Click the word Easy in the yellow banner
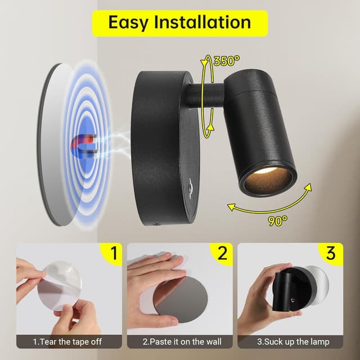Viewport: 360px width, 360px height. pos(128,22)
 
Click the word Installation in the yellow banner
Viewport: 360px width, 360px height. pos(202,22)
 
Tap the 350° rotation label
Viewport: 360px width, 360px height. pos(226,61)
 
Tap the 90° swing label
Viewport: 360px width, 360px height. pos(277,220)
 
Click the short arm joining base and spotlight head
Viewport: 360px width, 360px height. pos(205,96)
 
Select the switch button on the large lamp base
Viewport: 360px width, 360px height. pos(190,184)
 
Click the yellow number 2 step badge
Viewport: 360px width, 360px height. pos(222,254)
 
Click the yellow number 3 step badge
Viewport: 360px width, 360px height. pos(331,254)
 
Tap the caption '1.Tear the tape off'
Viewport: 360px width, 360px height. pos(67,341)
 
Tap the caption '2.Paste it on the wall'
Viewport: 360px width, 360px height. pos(182,341)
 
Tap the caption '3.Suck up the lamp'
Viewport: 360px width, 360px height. pos(293,341)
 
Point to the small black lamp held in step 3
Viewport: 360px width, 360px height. pos(294,289)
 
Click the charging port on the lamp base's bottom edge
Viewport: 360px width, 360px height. pos(156,223)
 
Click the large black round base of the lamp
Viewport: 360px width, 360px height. pos(165,148)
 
